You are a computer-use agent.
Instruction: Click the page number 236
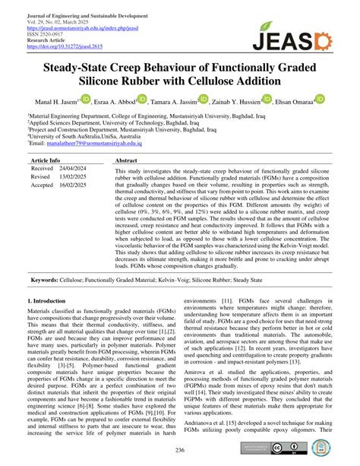coord(180,450)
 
